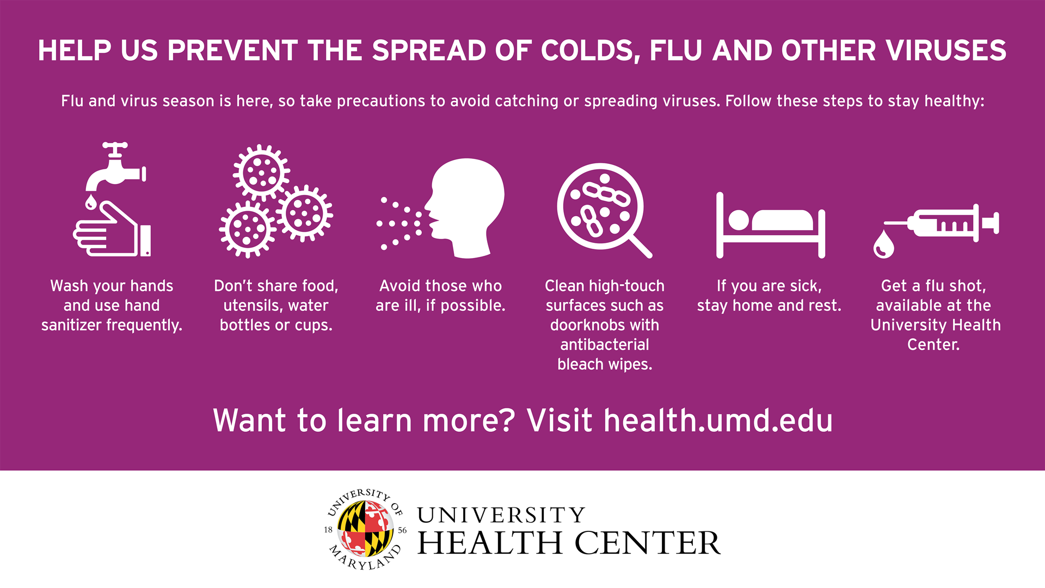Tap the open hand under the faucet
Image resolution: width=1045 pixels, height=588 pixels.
click(112, 229)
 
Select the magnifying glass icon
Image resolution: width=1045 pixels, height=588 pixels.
click(603, 210)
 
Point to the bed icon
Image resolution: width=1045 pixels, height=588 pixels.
click(770, 225)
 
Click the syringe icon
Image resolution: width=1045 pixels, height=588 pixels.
click(942, 223)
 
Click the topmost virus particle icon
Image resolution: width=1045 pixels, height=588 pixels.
click(261, 173)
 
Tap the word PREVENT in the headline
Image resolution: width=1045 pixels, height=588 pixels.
click(233, 51)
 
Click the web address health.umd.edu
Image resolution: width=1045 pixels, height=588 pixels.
click(718, 421)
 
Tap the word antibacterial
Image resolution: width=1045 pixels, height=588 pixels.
click(605, 345)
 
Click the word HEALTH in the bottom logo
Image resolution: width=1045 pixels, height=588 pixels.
click(490, 543)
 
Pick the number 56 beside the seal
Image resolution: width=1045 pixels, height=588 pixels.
click(402, 530)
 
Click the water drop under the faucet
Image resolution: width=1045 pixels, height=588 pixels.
click(91, 203)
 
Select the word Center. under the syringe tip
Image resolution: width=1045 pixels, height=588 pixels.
click(933, 345)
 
